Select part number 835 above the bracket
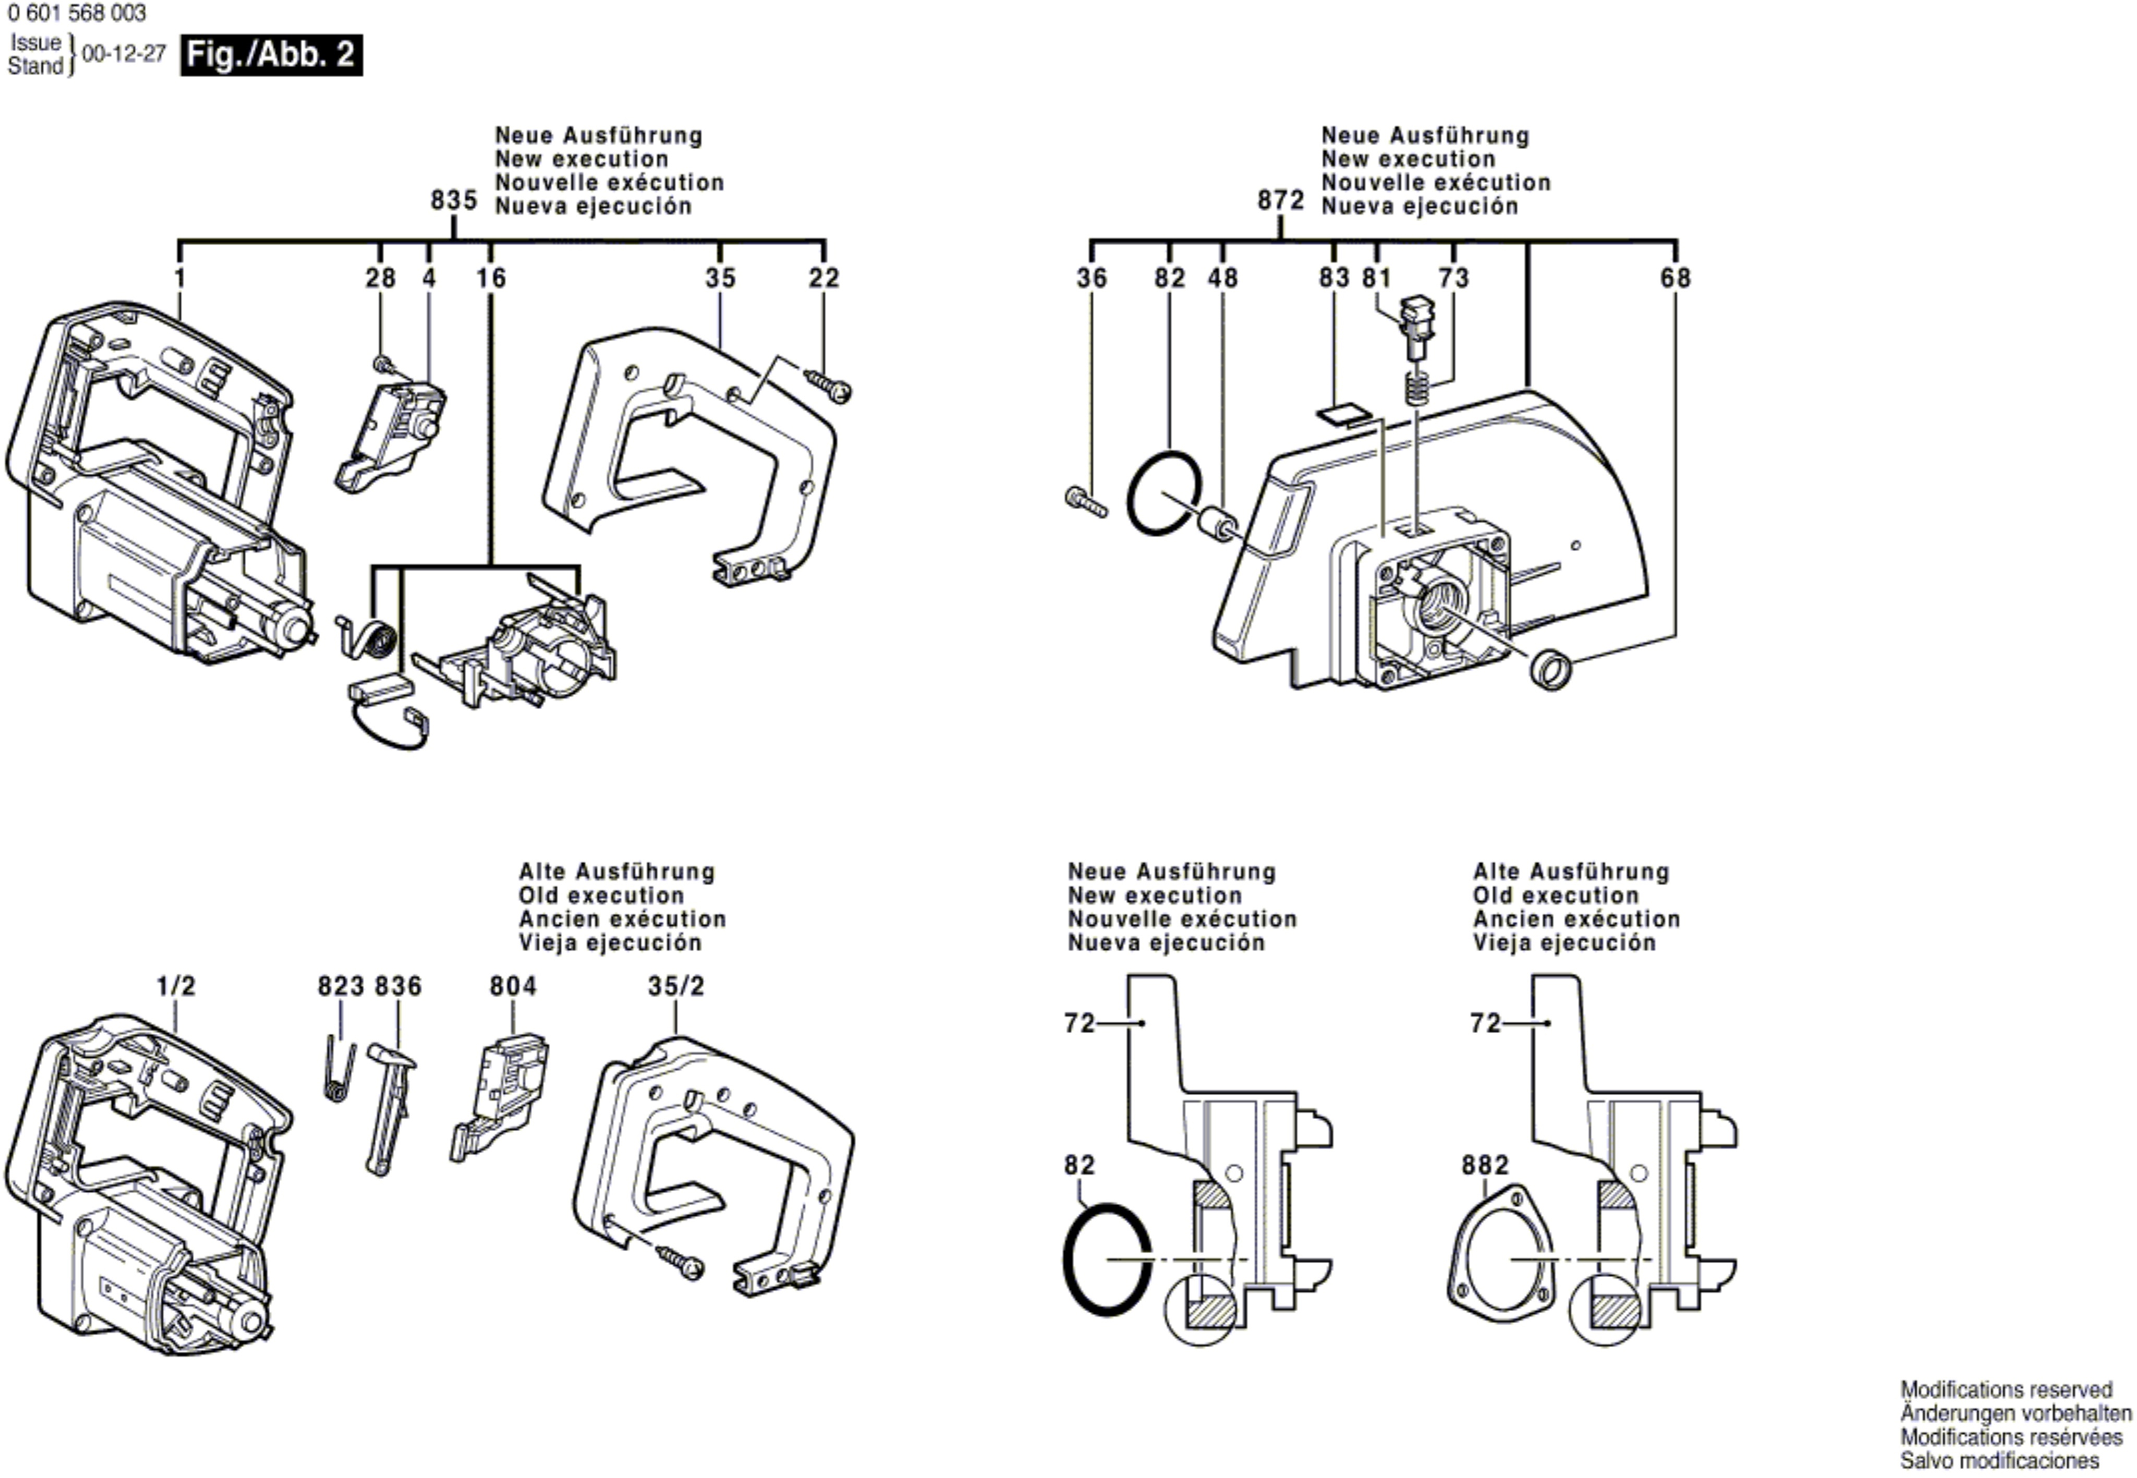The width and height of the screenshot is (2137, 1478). (x=454, y=200)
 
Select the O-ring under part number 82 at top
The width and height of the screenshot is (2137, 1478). (x=1164, y=493)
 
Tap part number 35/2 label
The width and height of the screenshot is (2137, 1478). (x=676, y=986)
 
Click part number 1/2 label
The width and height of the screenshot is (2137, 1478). (x=176, y=986)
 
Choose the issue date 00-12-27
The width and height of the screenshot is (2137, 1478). (x=124, y=54)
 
